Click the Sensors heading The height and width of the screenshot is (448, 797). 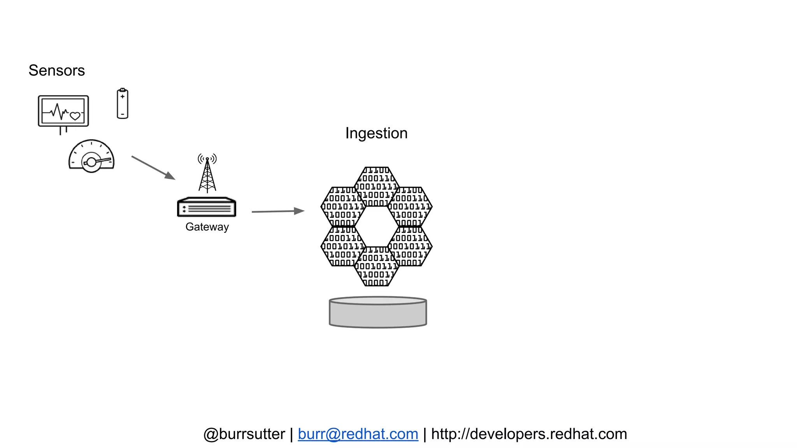56,70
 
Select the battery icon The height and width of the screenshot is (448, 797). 122,104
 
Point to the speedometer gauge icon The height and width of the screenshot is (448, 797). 91,156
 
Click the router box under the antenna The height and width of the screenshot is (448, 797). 207,207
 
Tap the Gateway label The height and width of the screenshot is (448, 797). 207,227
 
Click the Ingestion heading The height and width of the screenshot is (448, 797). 376,133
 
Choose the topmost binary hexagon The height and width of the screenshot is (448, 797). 377,187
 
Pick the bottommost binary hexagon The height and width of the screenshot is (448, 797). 377,266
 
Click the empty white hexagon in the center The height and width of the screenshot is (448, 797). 377,226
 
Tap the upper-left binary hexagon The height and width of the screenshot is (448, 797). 343,206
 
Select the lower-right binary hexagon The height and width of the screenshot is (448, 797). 410,246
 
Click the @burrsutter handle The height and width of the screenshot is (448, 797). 244,434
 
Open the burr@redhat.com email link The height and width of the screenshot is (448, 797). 358,434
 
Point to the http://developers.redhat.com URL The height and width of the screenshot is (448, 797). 529,434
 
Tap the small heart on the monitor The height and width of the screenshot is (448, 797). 75,115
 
